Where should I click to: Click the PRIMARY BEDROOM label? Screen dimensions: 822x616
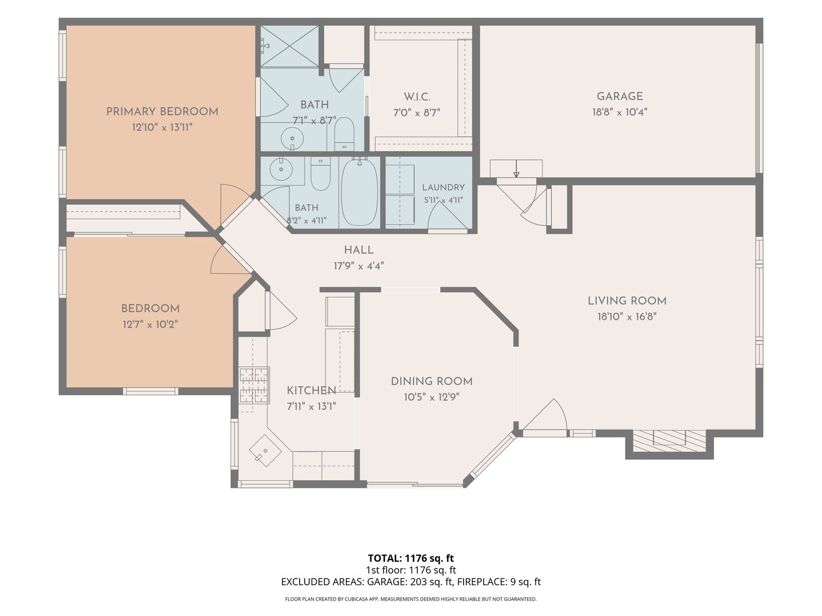[x=162, y=111]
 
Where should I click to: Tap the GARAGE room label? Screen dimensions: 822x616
[x=620, y=96]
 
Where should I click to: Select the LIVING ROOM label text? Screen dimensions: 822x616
[x=627, y=301]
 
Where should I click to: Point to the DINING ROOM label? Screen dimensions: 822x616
[x=432, y=381]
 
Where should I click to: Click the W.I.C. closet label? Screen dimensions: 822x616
[x=417, y=97]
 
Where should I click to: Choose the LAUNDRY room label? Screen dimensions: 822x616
[x=444, y=187]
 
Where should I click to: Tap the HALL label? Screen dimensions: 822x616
[x=358, y=250]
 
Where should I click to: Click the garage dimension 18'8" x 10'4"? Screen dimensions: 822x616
[x=620, y=112]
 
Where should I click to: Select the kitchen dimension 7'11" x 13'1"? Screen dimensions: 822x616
[x=311, y=406]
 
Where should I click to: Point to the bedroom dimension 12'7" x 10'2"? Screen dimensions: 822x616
[x=150, y=324]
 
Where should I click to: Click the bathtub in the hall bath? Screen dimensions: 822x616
[x=360, y=192]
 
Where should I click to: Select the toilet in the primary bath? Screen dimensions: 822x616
[x=344, y=133]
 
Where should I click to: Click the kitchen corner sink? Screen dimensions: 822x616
[x=265, y=450]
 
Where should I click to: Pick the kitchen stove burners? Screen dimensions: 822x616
[x=254, y=385]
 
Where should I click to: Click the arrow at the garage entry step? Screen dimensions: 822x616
[x=517, y=169]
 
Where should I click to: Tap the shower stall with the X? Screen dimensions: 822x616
[x=289, y=46]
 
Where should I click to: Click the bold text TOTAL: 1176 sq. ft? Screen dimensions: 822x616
[x=411, y=558]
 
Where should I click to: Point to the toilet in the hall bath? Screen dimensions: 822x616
[x=321, y=173]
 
